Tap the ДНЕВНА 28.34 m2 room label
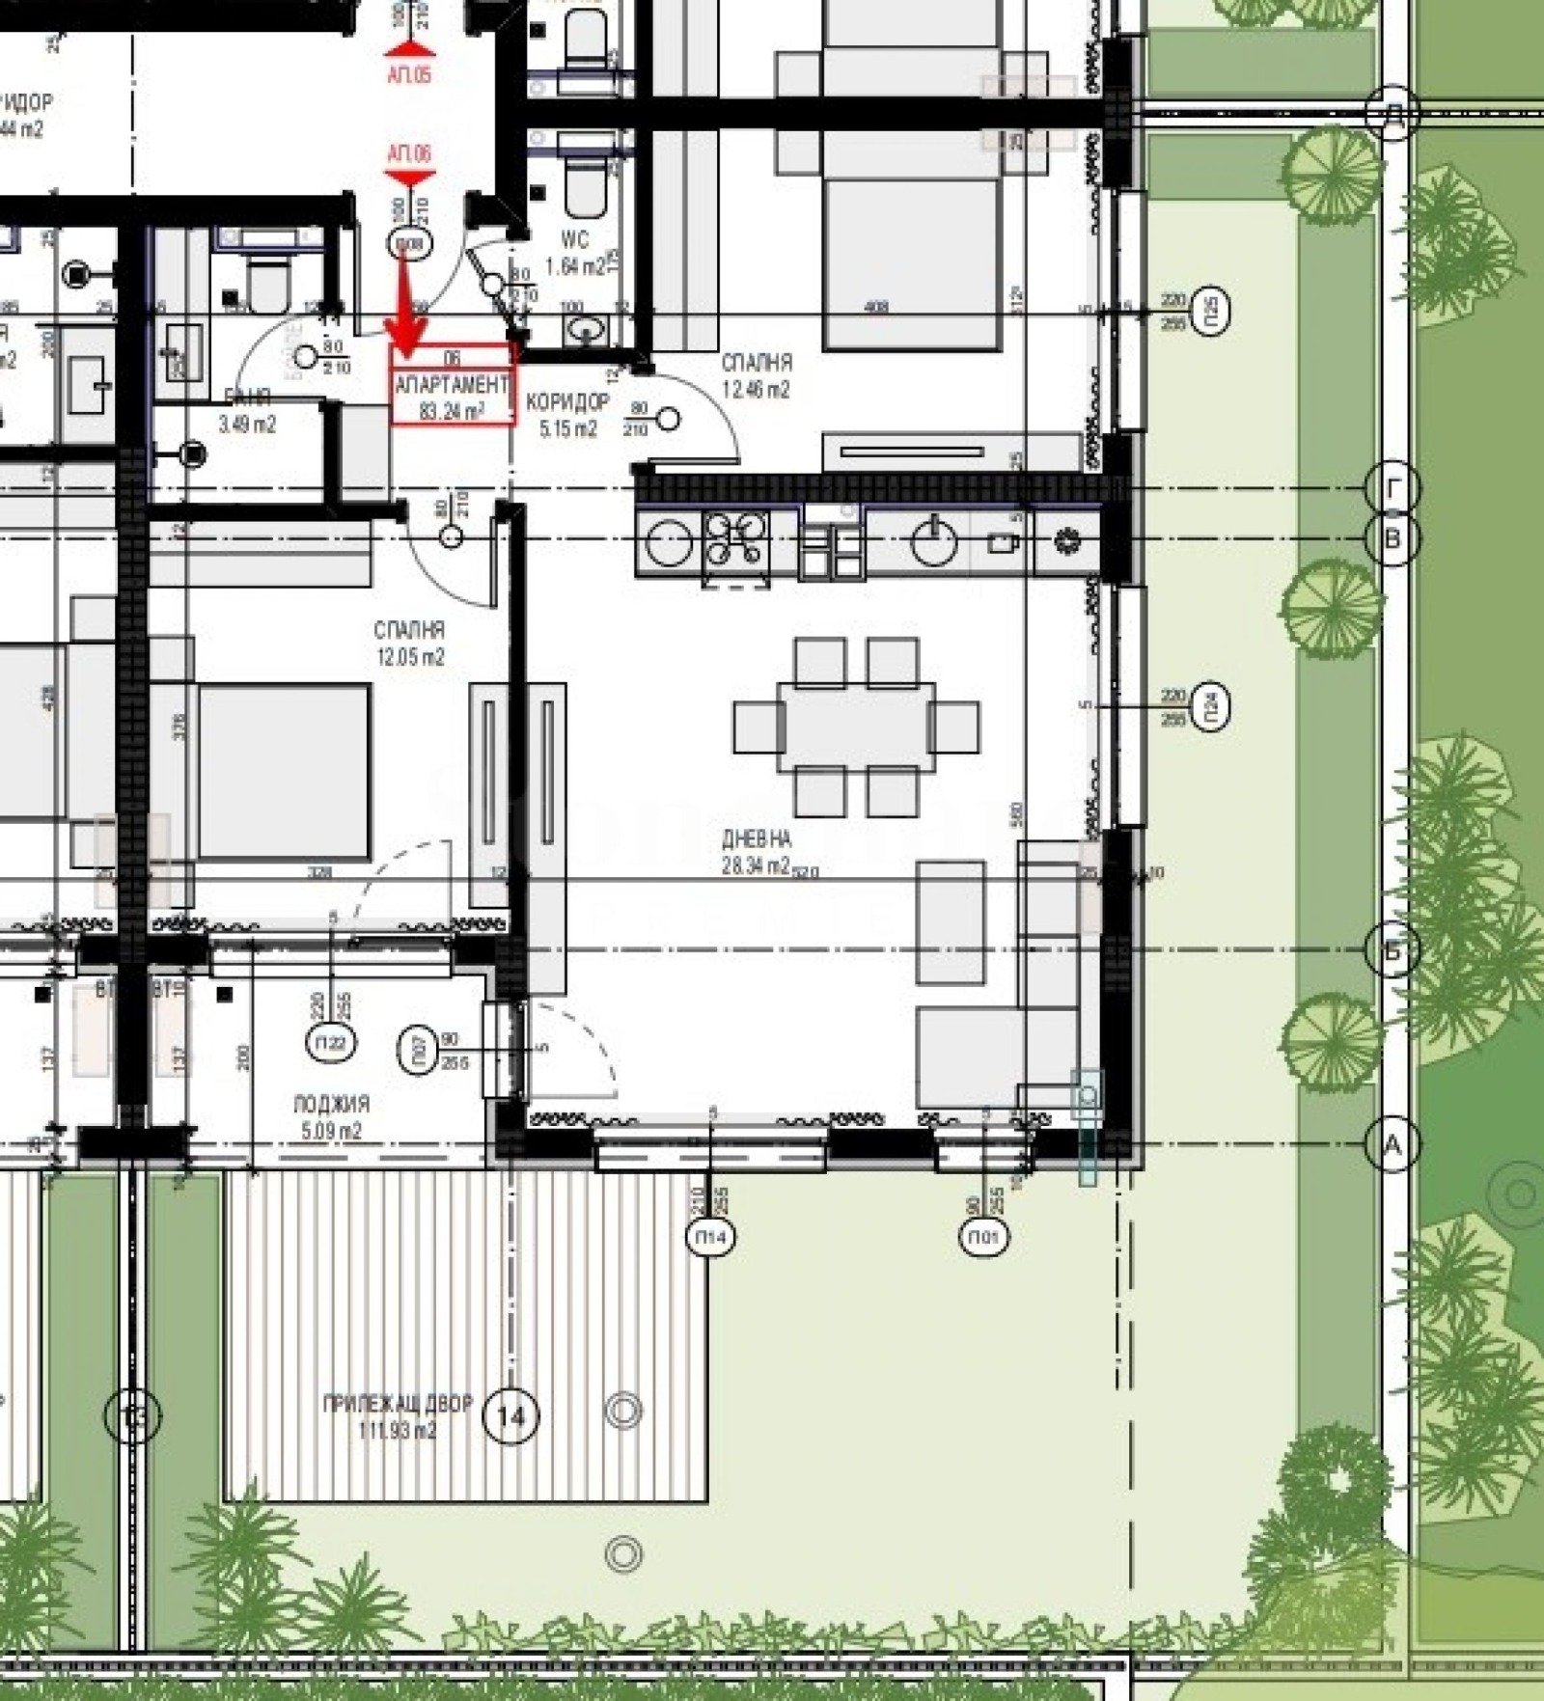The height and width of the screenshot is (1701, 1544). pos(757,853)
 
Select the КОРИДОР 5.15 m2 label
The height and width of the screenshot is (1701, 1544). pos(567,415)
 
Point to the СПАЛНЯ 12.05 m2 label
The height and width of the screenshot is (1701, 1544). pos(410,644)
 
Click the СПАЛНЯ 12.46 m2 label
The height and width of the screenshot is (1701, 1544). pos(757,376)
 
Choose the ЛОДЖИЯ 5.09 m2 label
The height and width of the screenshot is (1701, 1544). pos(331,1116)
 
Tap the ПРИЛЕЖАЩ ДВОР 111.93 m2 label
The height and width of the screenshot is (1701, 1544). pos(398,1416)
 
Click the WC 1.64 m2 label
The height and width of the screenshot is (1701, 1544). pos(574,254)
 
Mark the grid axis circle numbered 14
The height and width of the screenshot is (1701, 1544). pos(510,1416)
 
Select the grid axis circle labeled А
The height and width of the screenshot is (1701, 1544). pos(1392,1145)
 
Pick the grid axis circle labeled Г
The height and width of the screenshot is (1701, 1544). pos(1392,489)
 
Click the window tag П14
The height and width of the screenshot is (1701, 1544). pos(710,1237)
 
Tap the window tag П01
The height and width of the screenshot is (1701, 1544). pos(984,1237)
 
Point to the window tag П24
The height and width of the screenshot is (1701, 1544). pos(1213,706)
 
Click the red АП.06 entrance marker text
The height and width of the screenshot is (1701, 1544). pos(409,153)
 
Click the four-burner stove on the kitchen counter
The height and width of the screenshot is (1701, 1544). pos(736,538)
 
